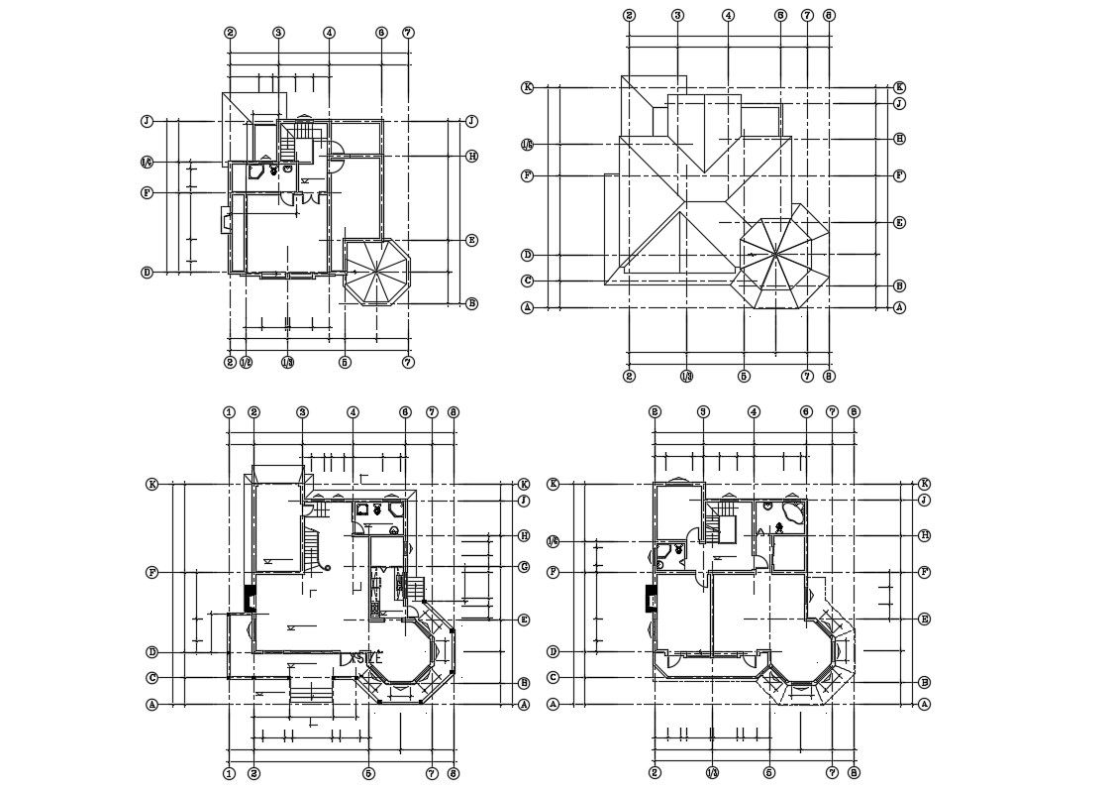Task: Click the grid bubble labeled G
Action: (x=523, y=567)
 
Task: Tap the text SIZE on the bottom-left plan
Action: (x=368, y=656)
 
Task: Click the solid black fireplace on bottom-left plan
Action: (x=251, y=599)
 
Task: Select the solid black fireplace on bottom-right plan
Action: (x=652, y=599)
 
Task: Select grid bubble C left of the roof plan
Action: (x=528, y=281)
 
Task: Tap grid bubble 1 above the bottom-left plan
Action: (x=229, y=412)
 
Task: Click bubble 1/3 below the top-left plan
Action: (x=287, y=363)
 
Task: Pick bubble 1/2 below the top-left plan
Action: (x=246, y=363)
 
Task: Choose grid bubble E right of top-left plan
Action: (x=472, y=240)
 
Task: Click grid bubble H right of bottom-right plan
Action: (x=924, y=535)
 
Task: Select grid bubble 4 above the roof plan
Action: (x=728, y=15)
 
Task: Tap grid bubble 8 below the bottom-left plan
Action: (x=454, y=773)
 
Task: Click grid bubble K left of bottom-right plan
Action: (x=554, y=484)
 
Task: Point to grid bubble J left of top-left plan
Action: (x=147, y=121)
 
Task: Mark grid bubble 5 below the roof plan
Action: (x=744, y=377)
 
